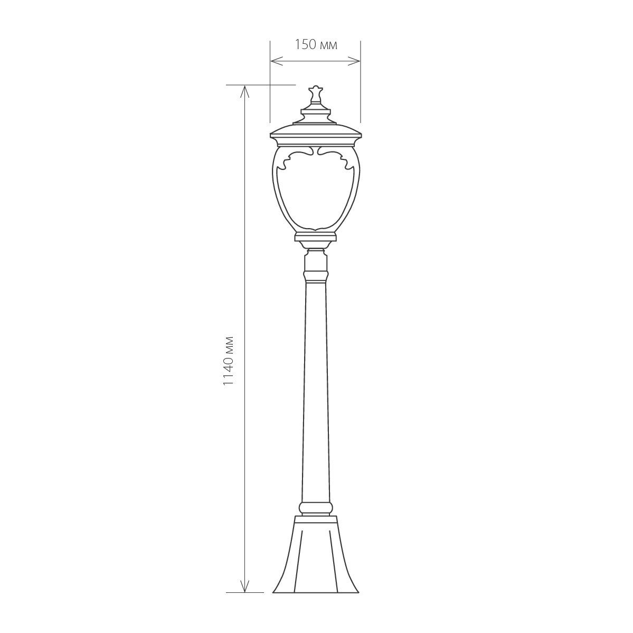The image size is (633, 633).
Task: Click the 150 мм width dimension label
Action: [316, 45]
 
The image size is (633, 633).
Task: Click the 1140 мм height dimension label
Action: [228, 360]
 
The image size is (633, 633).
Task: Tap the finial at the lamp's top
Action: [315, 94]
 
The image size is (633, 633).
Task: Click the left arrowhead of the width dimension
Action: [274, 61]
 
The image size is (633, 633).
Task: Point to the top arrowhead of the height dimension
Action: [244, 90]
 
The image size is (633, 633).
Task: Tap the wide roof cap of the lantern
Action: [315, 133]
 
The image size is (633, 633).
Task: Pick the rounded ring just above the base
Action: [316, 508]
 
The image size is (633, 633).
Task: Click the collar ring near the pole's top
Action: [316, 276]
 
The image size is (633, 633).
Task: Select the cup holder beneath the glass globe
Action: [315, 237]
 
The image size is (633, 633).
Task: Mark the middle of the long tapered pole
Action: [315, 391]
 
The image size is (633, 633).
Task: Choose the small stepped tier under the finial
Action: [315, 112]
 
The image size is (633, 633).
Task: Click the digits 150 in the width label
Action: [305, 45]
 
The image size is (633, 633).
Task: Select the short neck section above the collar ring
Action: [316, 261]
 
